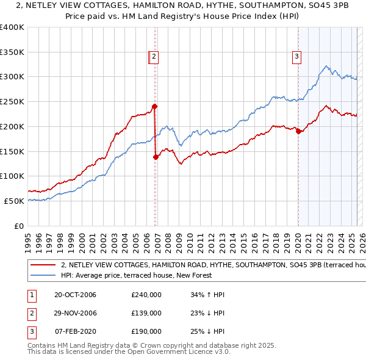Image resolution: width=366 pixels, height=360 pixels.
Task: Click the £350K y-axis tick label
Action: (x=12, y=52)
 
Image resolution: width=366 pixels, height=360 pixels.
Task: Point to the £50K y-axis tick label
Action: (x=14, y=201)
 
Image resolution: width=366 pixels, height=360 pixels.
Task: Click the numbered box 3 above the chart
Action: (x=297, y=57)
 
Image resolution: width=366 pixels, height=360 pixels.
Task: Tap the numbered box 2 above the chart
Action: (x=154, y=57)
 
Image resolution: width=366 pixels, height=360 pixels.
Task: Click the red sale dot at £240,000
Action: (x=155, y=106)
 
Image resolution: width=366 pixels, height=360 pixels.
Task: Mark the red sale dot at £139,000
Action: (x=156, y=157)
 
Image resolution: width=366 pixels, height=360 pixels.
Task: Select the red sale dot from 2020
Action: (x=298, y=131)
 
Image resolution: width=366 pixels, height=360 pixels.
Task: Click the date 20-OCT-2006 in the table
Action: (x=75, y=295)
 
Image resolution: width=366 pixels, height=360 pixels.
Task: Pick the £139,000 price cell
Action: (x=146, y=313)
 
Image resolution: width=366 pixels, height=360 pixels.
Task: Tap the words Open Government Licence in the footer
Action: (x=181, y=351)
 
